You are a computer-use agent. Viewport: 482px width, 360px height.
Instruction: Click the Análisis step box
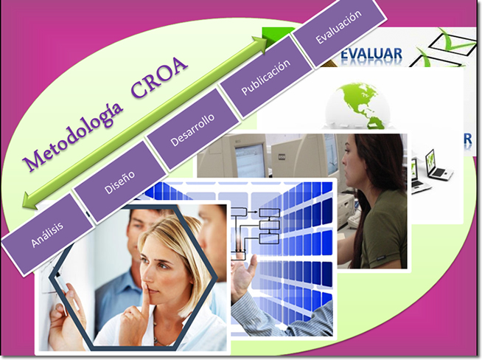click(x=47, y=235)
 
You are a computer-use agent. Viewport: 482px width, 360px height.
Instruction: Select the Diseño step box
click(x=119, y=182)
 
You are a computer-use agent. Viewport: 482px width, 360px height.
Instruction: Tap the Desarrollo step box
click(x=193, y=130)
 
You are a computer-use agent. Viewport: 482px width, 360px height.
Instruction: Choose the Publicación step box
click(x=266, y=77)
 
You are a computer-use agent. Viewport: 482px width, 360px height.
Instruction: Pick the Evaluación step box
click(x=338, y=27)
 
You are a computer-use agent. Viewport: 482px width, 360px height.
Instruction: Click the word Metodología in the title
click(x=73, y=136)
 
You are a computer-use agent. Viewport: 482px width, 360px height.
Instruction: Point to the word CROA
click(x=159, y=77)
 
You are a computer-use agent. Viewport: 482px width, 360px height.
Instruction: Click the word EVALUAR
click(x=371, y=54)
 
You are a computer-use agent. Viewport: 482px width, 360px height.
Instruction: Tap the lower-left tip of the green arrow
click(x=22, y=206)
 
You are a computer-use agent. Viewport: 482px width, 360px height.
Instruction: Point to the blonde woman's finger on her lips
click(x=145, y=299)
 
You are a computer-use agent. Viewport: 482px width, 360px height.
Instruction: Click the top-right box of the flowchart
click(x=270, y=212)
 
